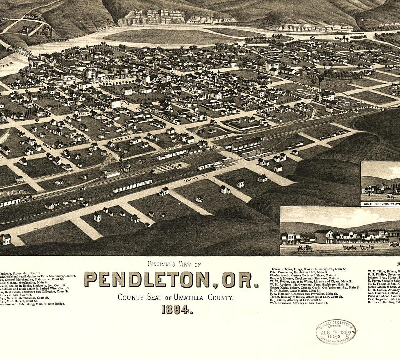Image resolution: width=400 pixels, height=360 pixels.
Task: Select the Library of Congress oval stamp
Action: point(335,332)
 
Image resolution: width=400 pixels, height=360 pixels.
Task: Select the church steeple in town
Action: point(218,71)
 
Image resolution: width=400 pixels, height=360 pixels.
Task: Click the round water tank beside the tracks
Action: point(127,166)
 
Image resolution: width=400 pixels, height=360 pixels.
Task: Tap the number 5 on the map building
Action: point(220,96)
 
